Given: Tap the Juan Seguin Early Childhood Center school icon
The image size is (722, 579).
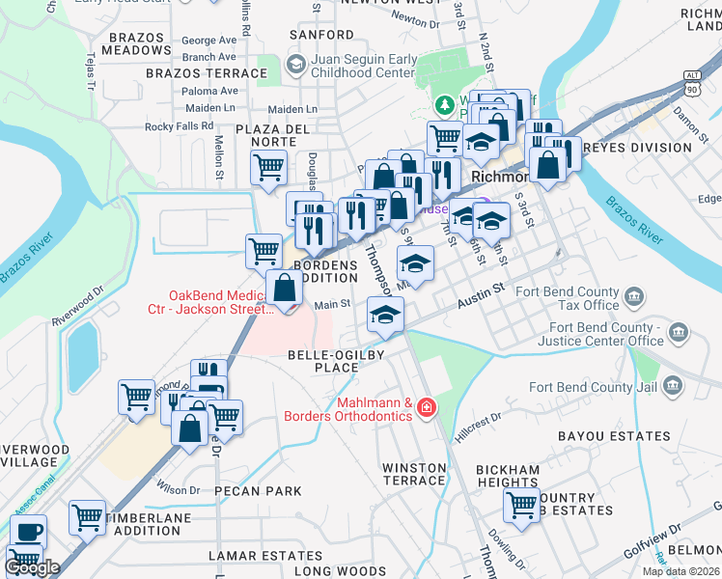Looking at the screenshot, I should [296, 66].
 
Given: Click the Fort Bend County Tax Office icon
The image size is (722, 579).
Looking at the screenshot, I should [634, 296].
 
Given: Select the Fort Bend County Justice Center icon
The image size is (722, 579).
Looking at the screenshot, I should [679, 334].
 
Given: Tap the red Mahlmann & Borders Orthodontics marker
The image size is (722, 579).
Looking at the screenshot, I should [425, 410].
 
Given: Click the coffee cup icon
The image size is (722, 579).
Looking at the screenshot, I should [28, 531].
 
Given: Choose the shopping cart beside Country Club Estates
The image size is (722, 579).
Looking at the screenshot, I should [521, 504].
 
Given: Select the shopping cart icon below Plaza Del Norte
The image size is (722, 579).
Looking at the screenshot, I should [269, 167].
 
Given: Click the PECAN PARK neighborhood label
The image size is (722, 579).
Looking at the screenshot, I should [258, 491].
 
